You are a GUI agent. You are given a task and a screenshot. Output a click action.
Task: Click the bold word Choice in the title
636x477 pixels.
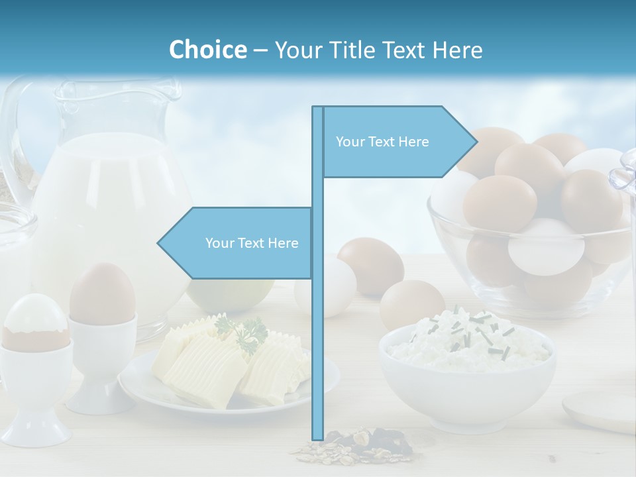point(207,50)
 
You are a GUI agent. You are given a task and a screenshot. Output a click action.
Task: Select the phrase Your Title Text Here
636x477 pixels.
point(378,50)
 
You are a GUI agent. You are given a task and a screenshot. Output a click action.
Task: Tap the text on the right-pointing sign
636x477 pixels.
point(382,142)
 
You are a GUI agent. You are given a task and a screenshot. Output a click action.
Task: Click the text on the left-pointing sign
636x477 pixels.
point(252,243)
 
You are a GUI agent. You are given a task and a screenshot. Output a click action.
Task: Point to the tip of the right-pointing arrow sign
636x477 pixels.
point(476,141)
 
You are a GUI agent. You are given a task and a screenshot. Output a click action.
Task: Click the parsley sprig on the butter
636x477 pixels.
point(243,331)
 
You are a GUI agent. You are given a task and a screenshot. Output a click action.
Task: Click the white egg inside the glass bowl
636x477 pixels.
point(546,246)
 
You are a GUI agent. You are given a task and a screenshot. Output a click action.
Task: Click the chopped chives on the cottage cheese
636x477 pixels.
point(477,328)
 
